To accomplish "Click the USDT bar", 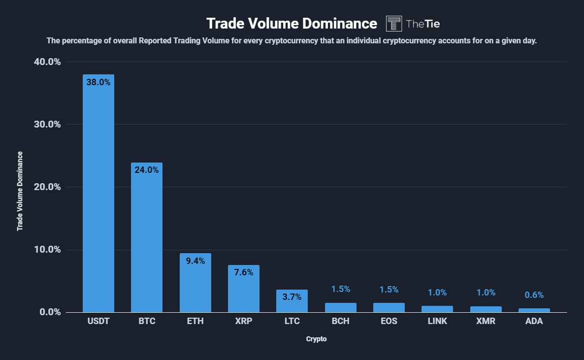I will pos(98,197).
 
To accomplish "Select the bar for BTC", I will pos(146,241).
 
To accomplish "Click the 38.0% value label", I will pos(98,82).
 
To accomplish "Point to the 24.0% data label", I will pos(146,170).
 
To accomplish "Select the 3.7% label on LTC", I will pos(292,296).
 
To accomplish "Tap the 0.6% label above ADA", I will pos(534,295).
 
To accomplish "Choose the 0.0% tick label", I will pos(50,312).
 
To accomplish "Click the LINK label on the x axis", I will pos(437,322).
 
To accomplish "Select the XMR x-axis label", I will pos(486,322).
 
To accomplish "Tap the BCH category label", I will pos(340,322).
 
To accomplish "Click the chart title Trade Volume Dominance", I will pos(292,23).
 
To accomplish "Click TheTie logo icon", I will pos(394,23).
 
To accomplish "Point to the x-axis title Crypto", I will pos(316,339).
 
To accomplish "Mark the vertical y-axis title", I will pos(20,191).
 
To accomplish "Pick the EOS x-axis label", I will pos(389,322).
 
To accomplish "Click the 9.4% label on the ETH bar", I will pos(195,261).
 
